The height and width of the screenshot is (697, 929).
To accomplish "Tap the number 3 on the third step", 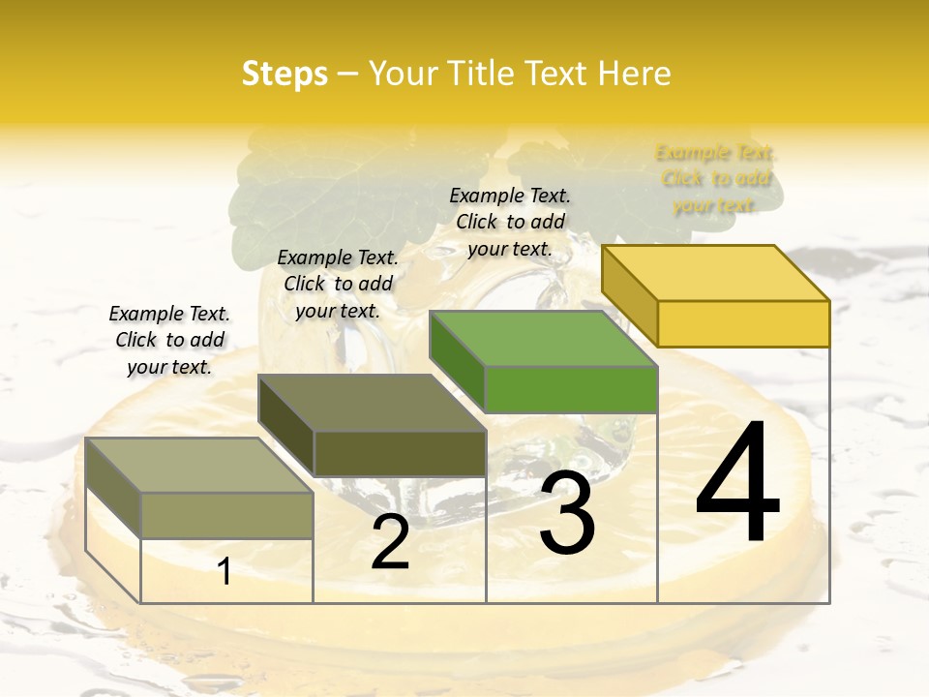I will coord(566,513).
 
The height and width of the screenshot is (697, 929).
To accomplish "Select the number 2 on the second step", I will coord(390,542).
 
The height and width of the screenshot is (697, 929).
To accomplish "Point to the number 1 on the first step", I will coord(225,572).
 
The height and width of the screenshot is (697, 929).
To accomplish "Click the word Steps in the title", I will coord(285,74).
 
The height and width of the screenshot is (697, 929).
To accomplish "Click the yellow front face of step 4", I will coord(743,323).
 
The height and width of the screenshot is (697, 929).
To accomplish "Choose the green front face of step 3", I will coord(571,389).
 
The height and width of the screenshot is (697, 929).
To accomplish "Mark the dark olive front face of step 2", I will coord(400,453).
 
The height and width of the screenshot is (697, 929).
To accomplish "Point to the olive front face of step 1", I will coord(226,515).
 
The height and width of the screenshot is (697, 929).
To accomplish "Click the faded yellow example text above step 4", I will coord(716,179).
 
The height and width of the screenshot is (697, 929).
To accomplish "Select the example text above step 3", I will coord(510,222).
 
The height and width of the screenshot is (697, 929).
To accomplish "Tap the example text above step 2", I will coord(338,284).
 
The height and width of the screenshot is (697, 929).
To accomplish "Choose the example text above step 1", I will coord(169,340).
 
